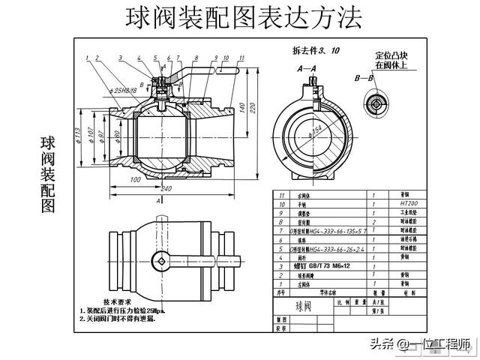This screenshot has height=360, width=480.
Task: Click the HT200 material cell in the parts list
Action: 398,203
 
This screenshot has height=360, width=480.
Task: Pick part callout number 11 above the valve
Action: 241,58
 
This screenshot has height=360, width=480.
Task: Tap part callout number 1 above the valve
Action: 88,58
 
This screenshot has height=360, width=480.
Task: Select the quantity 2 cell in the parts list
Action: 373,222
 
